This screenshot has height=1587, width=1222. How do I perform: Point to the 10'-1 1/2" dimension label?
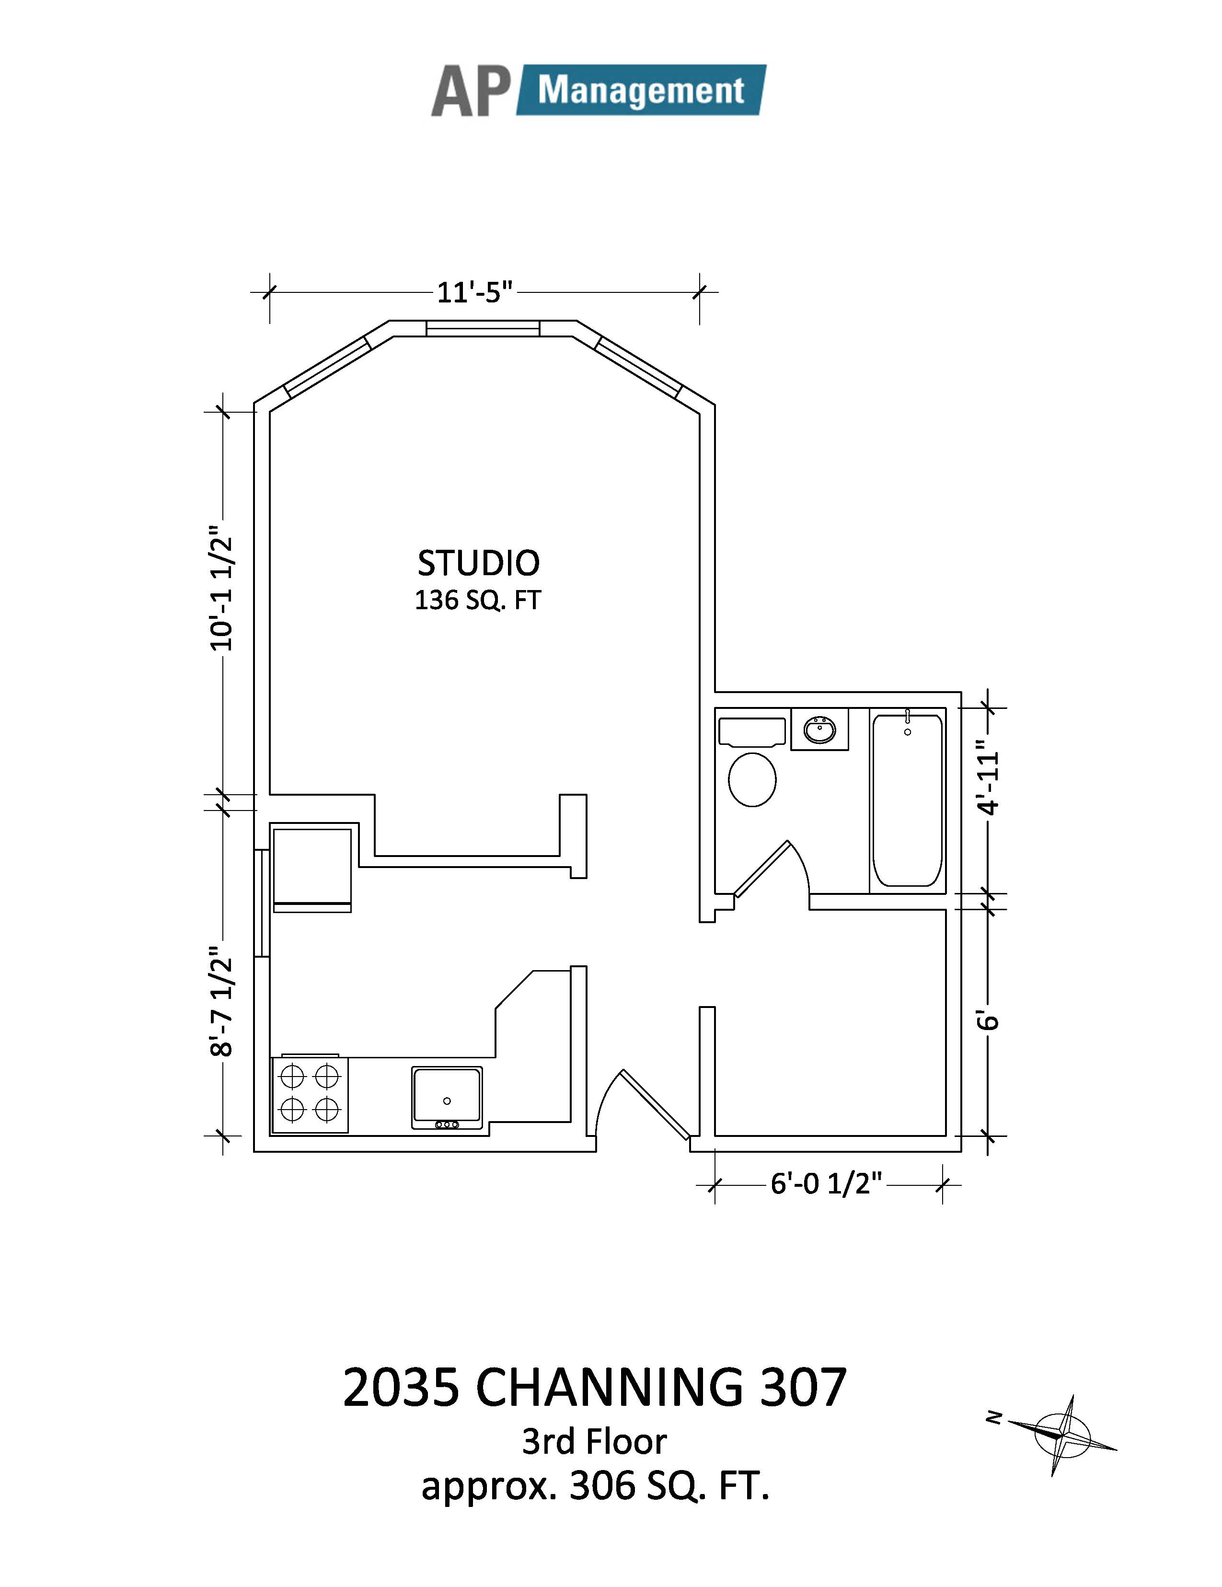pyautogui.click(x=221, y=588)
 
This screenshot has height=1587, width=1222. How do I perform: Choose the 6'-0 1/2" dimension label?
pyautogui.click(x=826, y=1184)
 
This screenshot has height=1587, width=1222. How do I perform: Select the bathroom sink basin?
pyautogui.click(x=819, y=729)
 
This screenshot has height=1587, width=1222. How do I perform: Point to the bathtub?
pyautogui.click(x=908, y=799)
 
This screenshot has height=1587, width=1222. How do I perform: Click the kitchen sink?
pyautogui.click(x=447, y=1097)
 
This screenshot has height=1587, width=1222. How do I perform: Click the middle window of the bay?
pyautogui.click(x=483, y=328)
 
